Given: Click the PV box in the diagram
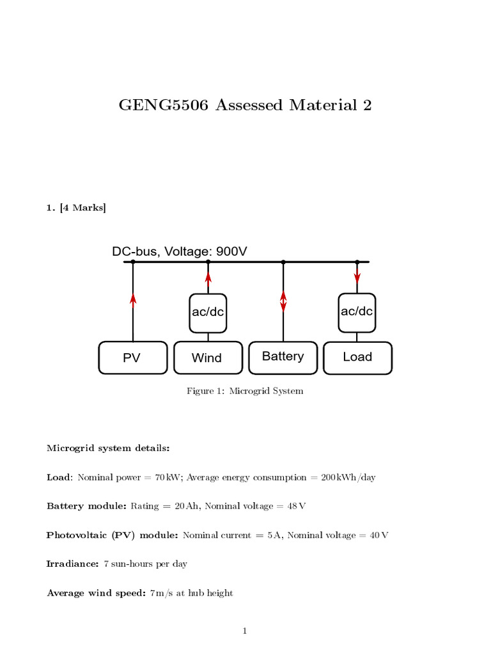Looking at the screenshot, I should pyautogui.click(x=132, y=358).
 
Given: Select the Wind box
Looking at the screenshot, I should pyautogui.click(x=208, y=358).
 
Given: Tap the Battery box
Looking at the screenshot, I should pyautogui.click(x=283, y=357).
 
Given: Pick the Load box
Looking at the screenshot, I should pyautogui.click(x=357, y=357).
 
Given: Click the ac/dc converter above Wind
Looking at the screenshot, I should pyautogui.click(x=208, y=313).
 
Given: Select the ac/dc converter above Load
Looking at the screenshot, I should pyautogui.click(x=357, y=312).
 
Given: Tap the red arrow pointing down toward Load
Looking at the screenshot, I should pyautogui.click(x=357, y=277).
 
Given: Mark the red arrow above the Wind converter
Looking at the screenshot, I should pyautogui.click(x=208, y=277).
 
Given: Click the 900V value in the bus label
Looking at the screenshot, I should pyautogui.click(x=231, y=252).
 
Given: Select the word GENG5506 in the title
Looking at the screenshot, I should pyautogui.click(x=164, y=105).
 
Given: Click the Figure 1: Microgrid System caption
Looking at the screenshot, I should pyautogui.click(x=245, y=391).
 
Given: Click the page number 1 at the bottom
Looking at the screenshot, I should pyautogui.click(x=244, y=631).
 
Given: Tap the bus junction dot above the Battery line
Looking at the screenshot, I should pyautogui.click(x=283, y=262).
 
